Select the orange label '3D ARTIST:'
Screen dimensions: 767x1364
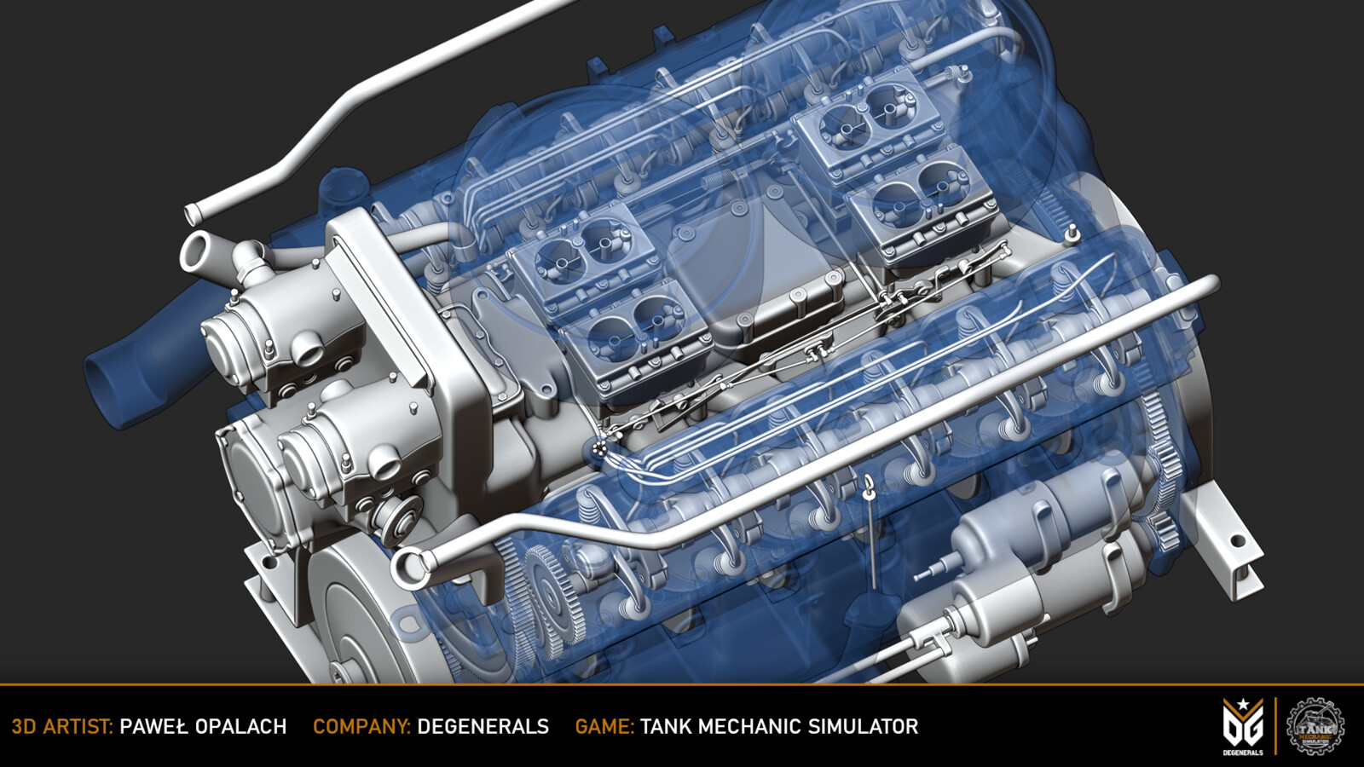point(62,727)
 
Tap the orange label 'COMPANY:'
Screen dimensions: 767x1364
point(361,727)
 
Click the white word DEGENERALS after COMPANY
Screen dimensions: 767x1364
point(483,727)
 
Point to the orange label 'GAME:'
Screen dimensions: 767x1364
point(604,727)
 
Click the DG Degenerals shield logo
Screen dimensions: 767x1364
point(1242,726)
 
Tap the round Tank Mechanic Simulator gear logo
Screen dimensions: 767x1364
point(1315,726)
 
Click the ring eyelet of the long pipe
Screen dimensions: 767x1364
point(411,567)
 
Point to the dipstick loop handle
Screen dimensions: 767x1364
point(868,487)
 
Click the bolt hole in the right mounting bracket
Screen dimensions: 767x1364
point(1237,540)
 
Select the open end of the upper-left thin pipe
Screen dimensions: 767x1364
point(194,213)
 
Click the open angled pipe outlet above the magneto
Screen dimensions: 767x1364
point(197,254)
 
